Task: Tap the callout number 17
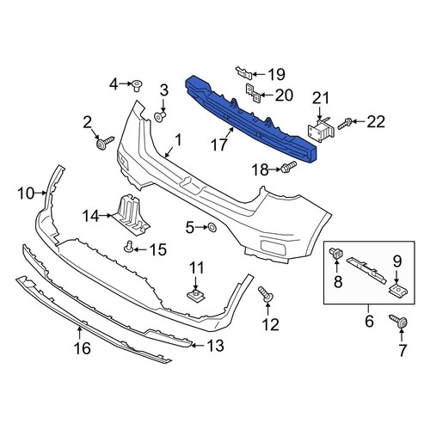click(x=219, y=145)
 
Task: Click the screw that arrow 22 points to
click(x=344, y=124)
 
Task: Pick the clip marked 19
click(x=244, y=72)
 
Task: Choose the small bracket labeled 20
click(x=253, y=94)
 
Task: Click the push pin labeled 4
click(x=138, y=85)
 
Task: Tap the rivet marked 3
click(x=160, y=117)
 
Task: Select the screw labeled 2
click(x=105, y=143)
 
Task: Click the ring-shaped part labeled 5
click(x=212, y=227)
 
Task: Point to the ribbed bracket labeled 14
click(x=130, y=215)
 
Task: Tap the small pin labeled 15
click(x=129, y=247)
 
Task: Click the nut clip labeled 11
click(x=196, y=294)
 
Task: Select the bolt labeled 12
click(x=266, y=294)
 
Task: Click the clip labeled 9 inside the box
click(x=398, y=289)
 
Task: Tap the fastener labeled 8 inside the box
click(x=336, y=253)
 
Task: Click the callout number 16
click(x=83, y=348)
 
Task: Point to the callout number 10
click(x=26, y=193)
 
